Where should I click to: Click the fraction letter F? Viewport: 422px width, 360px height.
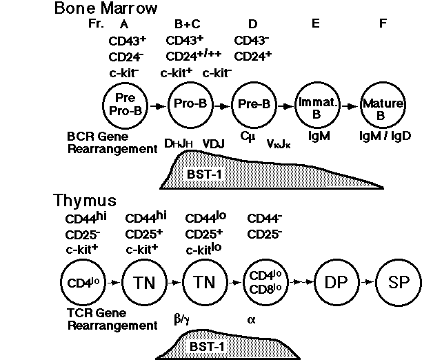384,24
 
